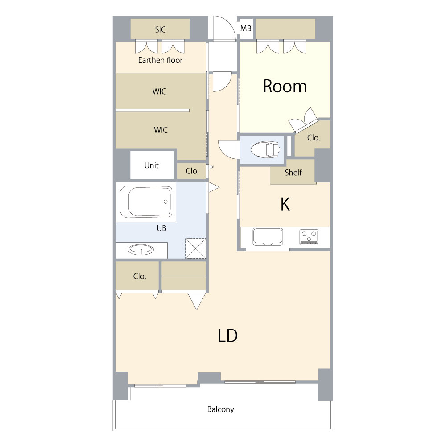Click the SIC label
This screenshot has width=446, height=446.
160,29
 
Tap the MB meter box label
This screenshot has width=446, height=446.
246,29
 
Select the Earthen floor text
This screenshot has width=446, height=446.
160,60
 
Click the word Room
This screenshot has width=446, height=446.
285,86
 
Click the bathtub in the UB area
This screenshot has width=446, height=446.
146,202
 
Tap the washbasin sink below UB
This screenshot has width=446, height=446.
141,250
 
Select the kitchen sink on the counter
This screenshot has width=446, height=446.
268,237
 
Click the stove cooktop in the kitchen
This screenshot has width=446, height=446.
309,237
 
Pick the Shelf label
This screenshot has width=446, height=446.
293,172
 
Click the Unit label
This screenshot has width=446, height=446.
151,165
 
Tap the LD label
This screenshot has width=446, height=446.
227,335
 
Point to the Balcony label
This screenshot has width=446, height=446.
220,409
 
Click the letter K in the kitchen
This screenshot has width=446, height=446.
285,204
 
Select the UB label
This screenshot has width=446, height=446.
161,228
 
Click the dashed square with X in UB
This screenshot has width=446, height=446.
195,248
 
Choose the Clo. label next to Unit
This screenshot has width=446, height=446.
192,171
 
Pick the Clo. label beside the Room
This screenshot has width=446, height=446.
314,138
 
